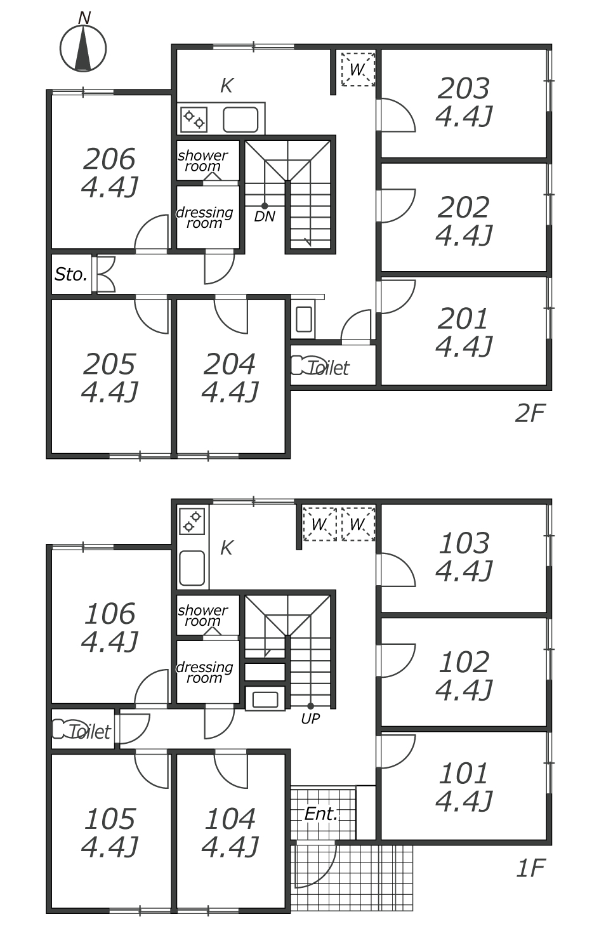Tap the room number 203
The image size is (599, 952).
[x=463, y=88]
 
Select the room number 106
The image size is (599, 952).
[x=110, y=614]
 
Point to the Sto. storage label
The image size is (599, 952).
[x=71, y=275]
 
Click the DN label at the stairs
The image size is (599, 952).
[x=265, y=217]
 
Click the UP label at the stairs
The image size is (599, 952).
[x=310, y=718]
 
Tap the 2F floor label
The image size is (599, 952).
[x=530, y=413]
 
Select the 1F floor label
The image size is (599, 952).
[x=530, y=868]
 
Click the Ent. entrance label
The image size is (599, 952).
[x=321, y=814]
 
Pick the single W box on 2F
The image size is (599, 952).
[x=358, y=69]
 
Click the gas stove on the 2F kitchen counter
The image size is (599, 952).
[x=194, y=119]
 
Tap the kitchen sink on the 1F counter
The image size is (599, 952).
[x=192, y=568]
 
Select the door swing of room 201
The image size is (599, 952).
[x=397, y=296]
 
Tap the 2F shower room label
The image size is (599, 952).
[x=202, y=161]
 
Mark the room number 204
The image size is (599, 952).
[x=230, y=364]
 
